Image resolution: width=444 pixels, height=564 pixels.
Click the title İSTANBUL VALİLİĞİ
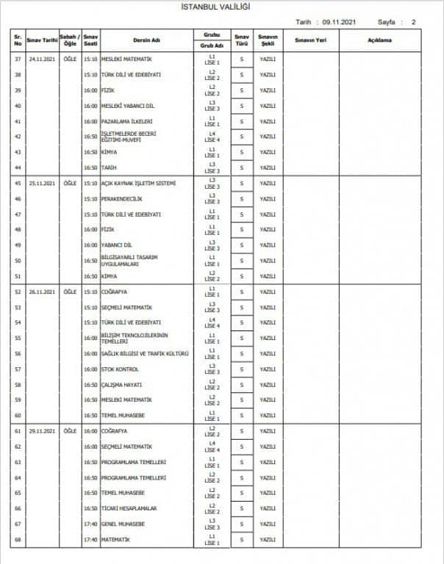click(222, 7)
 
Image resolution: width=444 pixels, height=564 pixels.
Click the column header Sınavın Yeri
click(309, 40)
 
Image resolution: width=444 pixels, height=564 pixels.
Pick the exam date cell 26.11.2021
click(43, 292)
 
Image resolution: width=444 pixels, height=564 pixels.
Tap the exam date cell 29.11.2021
click(43, 430)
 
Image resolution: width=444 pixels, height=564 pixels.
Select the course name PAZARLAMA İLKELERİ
click(126, 121)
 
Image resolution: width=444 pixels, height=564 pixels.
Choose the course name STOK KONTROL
click(119, 369)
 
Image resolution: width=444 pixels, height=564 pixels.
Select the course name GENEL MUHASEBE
click(123, 524)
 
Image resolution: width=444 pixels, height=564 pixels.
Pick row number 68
click(17, 540)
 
